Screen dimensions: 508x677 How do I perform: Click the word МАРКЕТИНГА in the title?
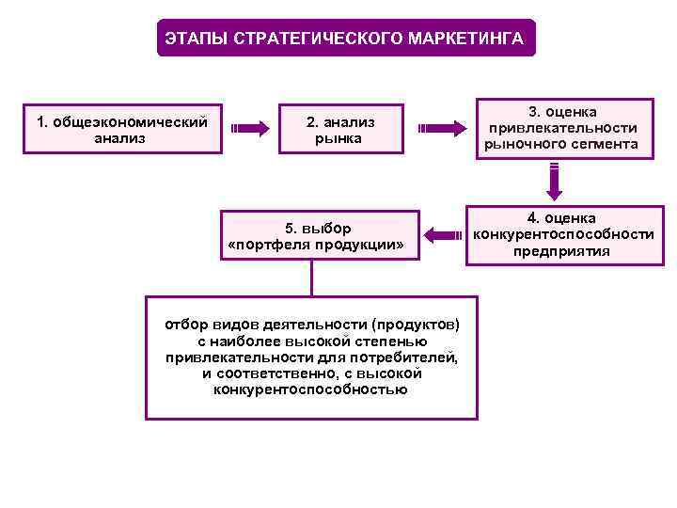pyautogui.click(x=467, y=39)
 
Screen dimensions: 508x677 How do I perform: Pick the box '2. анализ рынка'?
pyautogui.click(x=339, y=130)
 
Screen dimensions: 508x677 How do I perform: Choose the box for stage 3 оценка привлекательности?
pyautogui.click(x=560, y=129)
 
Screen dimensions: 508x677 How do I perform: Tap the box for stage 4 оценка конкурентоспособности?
pyautogui.click(x=560, y=234)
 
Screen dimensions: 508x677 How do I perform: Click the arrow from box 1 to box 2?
pyautogui.click(x=250, y=129)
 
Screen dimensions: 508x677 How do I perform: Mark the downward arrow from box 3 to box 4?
pyautogui.click(x=555, y=182)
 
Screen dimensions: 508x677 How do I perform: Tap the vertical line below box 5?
pyautogui.click(x=311, y=279)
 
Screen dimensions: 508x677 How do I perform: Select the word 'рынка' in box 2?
pyautogui.click(x=339, y=139)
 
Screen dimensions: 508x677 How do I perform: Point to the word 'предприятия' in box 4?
pyautogui.click(x=561, y=251)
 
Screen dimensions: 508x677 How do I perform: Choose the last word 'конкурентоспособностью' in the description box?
pyautogui.click(x=311, y=389)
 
